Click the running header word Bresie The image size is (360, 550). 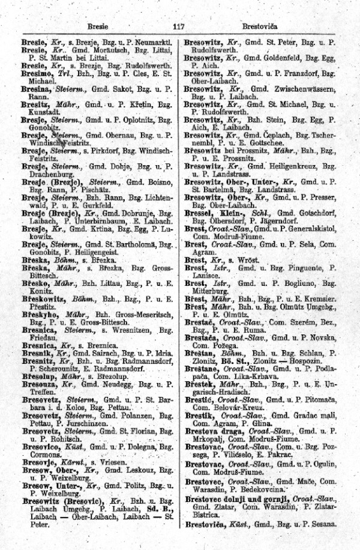click(x=97, y=26)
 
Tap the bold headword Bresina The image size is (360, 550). click(x=37, y=88)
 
